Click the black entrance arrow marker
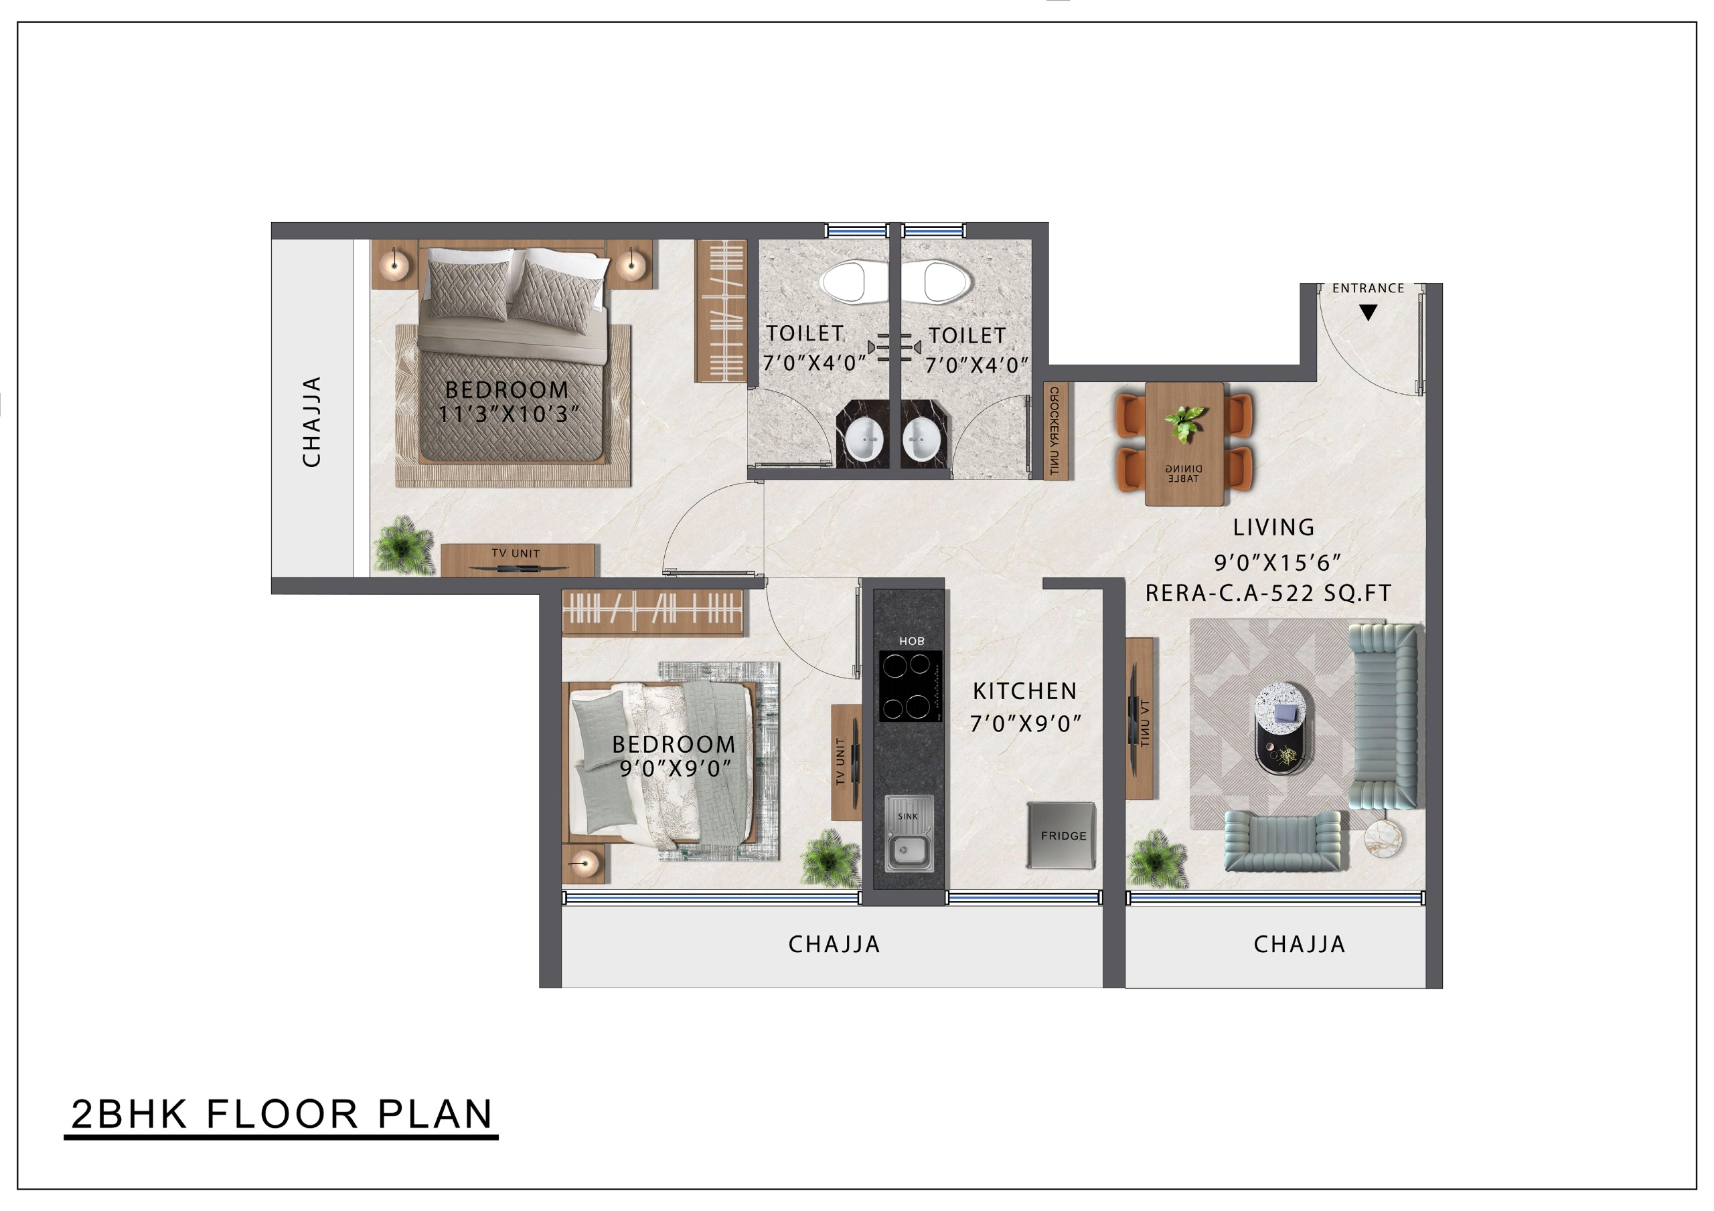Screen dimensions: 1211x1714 click(1368, 313)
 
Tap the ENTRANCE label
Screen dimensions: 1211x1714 click(1368, 288)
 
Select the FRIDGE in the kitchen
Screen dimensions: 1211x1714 click(1062, 835)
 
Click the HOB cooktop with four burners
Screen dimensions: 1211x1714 click(909, 686)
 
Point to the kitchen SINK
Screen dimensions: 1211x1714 click(908, 843)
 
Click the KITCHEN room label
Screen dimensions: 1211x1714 click(1024, 692)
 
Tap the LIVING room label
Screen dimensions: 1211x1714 click(1273, 527)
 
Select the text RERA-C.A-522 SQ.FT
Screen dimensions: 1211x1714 click(1268, 593)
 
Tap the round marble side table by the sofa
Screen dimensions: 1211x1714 click(1383, 839)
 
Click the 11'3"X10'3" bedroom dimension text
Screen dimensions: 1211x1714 click(509, 414)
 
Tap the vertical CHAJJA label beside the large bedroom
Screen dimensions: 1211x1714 click(311, 422)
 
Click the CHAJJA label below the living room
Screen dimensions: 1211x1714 click(1299, 945)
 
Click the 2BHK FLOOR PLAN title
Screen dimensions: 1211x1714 click(281, 1114)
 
